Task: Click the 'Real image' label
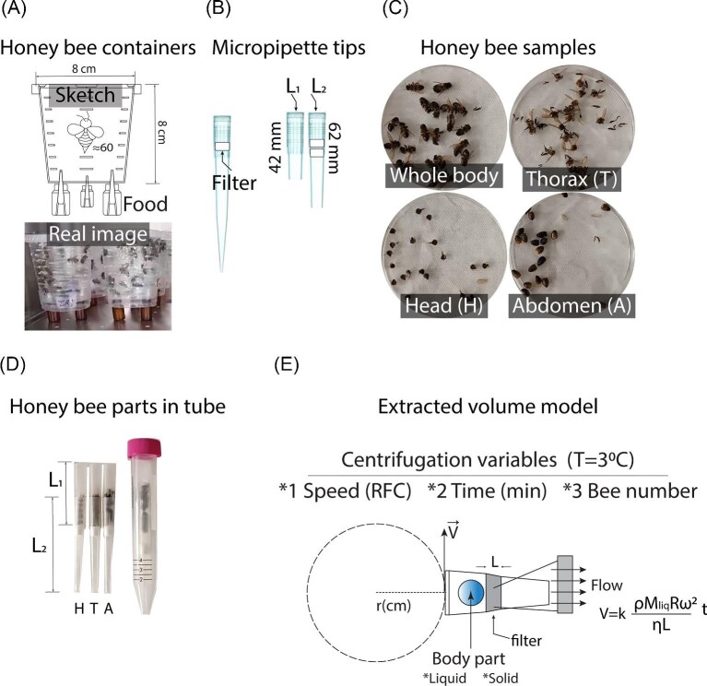[90, 235]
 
